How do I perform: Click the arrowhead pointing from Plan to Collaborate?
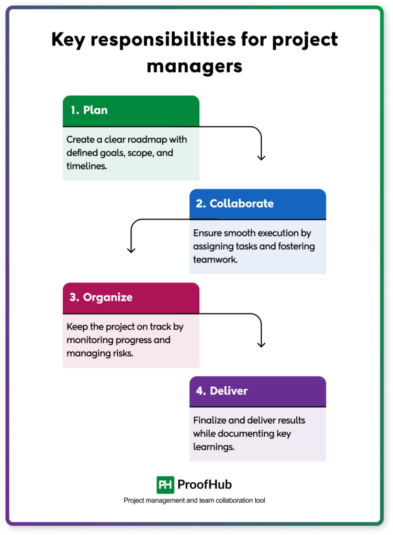click(262, 157)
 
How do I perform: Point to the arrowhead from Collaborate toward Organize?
click(131, 250)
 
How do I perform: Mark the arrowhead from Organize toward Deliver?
click(262, 344)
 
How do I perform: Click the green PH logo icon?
click(165, 485)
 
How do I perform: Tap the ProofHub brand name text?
click(205, 485)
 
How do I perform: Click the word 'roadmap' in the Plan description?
click(149, 140)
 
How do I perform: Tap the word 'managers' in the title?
click(194, 66)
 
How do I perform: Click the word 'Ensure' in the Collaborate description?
click(208, 233)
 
